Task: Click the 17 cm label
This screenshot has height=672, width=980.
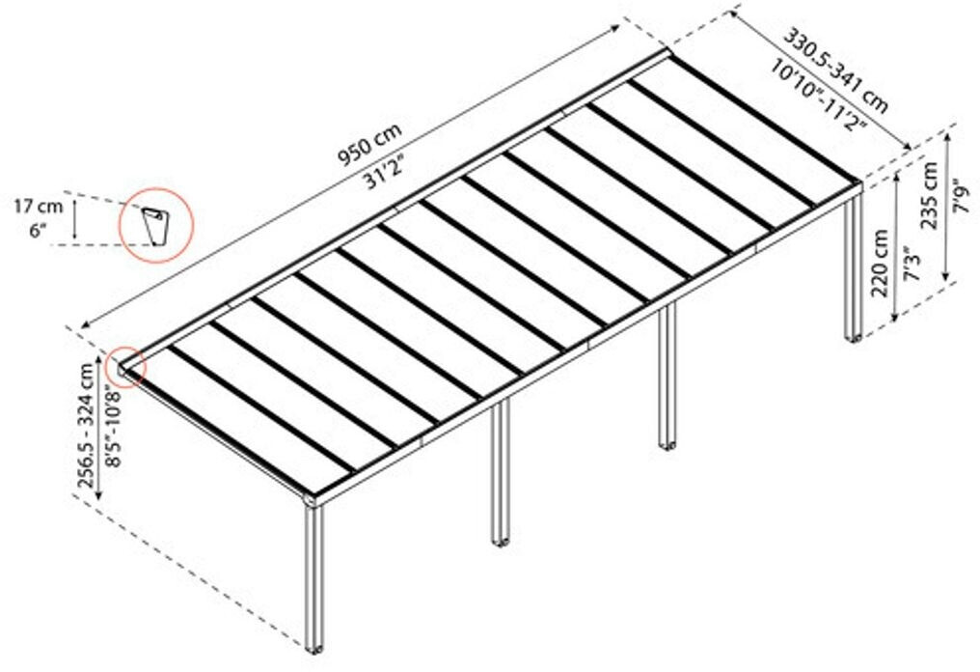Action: pyautogui.click(x=38, y=206)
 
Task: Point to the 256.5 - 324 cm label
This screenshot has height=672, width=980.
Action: pyautogui.click(x=87, y=425)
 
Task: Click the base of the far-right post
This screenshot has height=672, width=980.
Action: pyautogui.click(x=854, y=338)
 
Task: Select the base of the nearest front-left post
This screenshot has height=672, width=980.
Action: pyautogui.click(x=313, y=646)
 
